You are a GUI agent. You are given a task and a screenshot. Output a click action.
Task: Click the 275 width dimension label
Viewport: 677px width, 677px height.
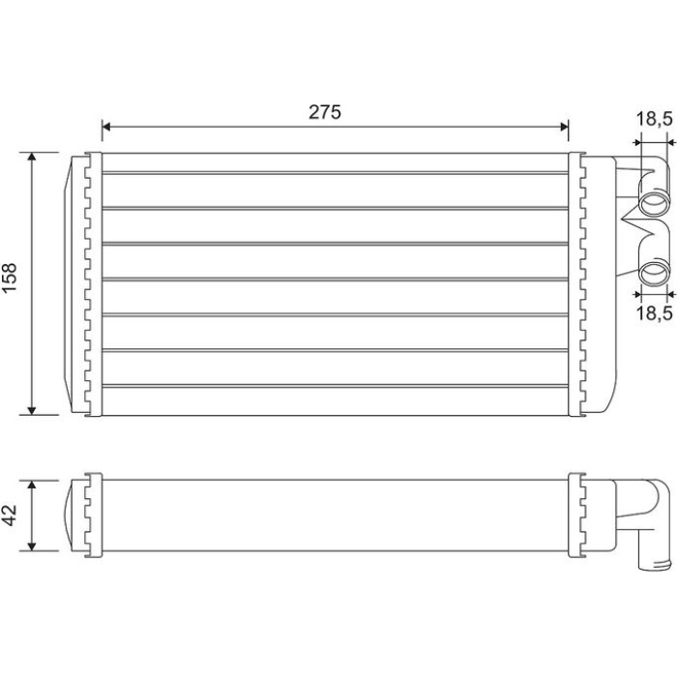[325, 112]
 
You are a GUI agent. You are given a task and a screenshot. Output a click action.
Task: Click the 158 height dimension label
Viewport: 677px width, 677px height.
[10, 279]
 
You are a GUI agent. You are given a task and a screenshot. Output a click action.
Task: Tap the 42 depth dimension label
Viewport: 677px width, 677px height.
[10, 515]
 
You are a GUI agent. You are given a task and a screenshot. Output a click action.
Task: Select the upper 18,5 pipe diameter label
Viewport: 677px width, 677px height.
[655, 119]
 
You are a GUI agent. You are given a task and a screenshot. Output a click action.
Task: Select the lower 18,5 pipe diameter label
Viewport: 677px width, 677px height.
[655, 312]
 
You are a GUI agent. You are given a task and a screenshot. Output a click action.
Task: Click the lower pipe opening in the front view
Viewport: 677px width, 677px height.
[654, 273]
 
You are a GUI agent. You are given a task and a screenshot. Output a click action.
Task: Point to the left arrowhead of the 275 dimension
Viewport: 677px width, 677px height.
[106, 127]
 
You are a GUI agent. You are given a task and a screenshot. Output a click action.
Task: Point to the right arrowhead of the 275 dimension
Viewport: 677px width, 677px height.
[564, 127]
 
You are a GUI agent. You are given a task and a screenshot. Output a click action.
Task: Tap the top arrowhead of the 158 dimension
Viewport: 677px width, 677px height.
[32, 157]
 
